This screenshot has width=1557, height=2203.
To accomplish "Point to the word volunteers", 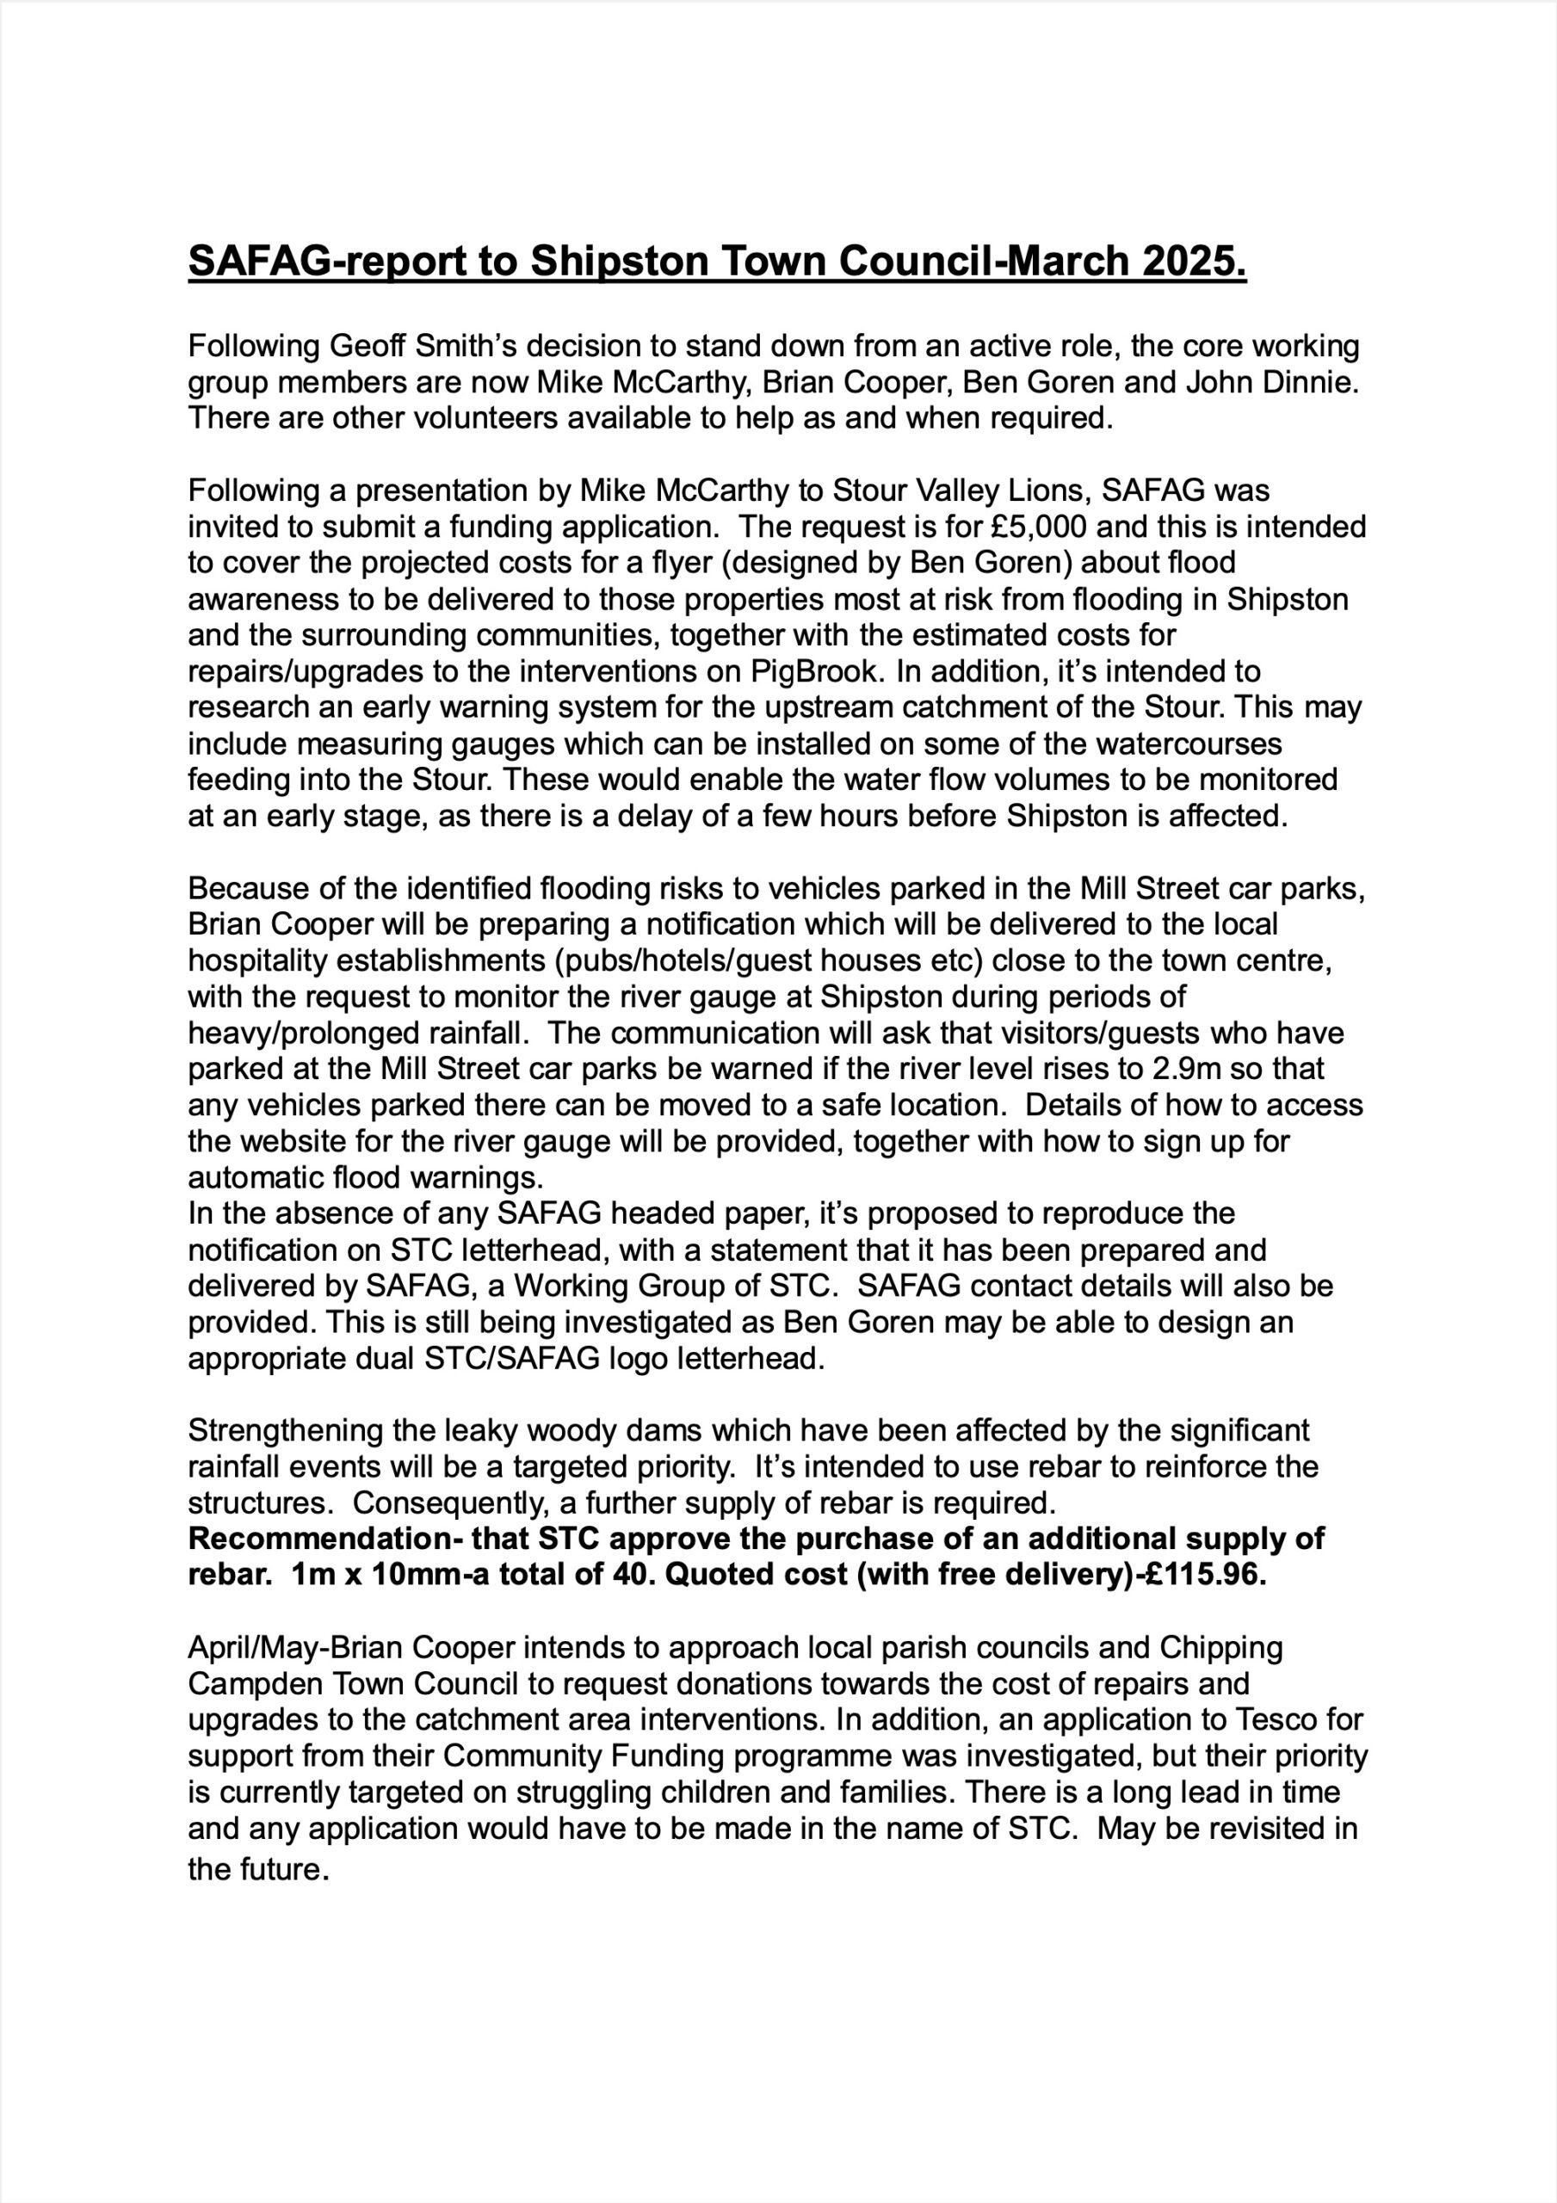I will click(x=418, y=418).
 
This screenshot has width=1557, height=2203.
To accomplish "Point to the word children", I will click(x=746, y=1793).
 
